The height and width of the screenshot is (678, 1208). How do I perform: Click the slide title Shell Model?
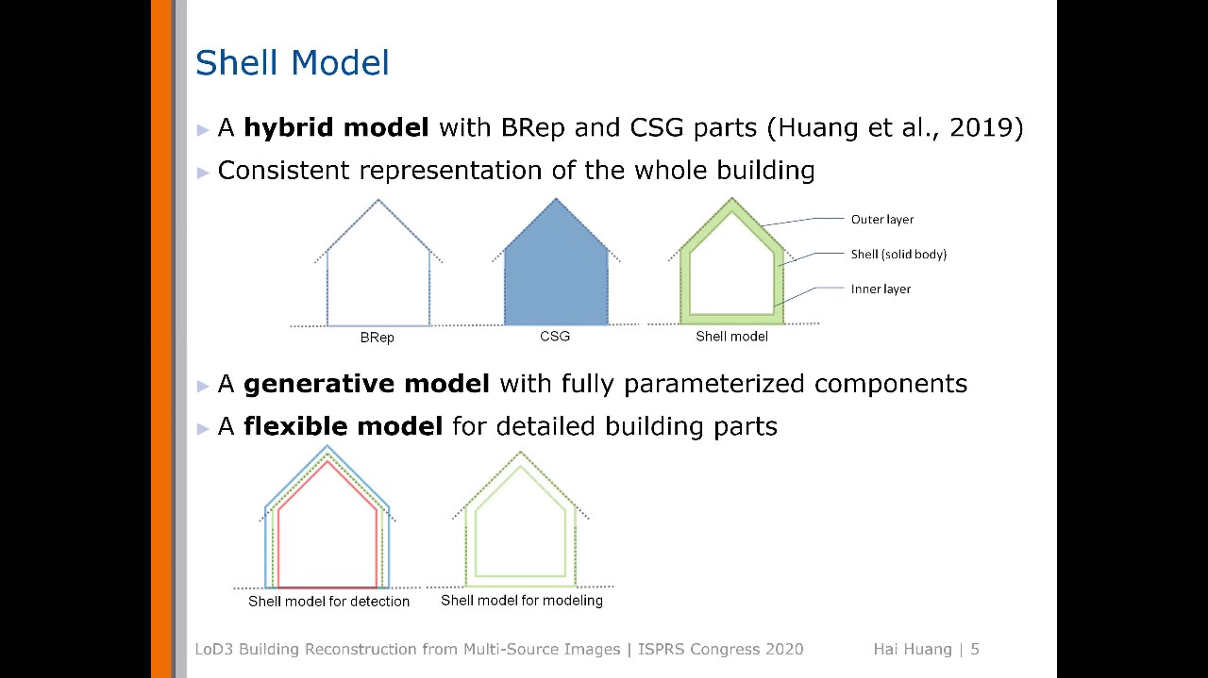click(292, 63)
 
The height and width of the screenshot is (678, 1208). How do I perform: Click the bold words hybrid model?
click(336, 127)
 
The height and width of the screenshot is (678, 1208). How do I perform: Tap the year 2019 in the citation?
click(981, 127)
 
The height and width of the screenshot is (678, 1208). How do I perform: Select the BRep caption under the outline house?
click(377, 338)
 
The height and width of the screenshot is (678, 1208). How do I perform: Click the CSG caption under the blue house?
click(555, 336)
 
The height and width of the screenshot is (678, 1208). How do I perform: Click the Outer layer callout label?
click(881, 220)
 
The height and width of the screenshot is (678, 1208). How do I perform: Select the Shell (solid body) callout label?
click(898, 255)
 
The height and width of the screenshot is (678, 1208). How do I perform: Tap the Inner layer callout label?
click(881, 289)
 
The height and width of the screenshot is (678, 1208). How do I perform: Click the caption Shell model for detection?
click(328, 602)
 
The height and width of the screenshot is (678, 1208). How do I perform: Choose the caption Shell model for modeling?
click(521, 601)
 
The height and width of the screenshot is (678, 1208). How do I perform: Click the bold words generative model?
click(366, 384)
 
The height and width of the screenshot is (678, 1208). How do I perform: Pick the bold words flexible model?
click(343, 426)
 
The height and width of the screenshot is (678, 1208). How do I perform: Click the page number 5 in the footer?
click(975, 649)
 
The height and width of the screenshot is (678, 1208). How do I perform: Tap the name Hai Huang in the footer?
click(912, 649)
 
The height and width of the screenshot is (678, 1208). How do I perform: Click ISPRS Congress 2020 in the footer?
click(720, 649)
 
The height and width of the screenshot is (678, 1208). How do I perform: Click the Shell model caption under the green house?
click(731, 337)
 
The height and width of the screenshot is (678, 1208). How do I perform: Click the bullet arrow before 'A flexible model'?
click(203, 428)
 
